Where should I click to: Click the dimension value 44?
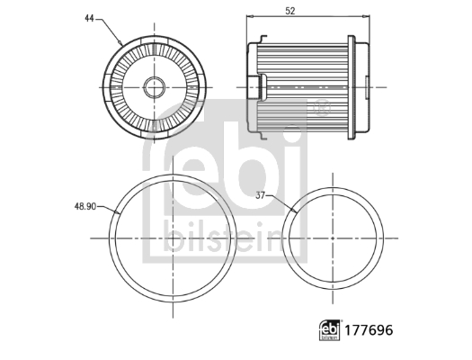point(89,16)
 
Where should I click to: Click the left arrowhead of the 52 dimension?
point(249,17)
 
